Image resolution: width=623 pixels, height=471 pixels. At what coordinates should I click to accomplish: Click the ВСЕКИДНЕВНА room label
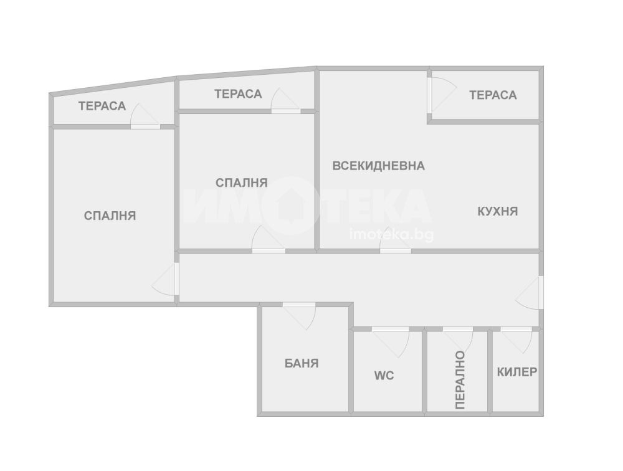[x=378, y=166]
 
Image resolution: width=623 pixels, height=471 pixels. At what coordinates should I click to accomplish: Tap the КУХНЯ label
[x=497, y=211]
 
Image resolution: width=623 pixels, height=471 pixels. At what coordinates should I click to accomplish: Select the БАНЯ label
[x=302, y=363]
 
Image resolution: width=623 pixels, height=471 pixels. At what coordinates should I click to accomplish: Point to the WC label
[x=384, y=375]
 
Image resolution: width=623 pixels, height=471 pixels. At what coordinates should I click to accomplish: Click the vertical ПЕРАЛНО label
[x=460, y=380]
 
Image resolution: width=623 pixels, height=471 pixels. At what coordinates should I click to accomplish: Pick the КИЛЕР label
[x=517, y=372]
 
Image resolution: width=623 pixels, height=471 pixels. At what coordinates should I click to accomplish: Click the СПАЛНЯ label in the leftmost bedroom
[x=110, y=216]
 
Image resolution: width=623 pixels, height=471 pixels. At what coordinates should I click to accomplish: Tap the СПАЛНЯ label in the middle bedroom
[x=242, y=183]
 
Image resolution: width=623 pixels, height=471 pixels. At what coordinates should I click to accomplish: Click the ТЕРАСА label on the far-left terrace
[x=102, y=106]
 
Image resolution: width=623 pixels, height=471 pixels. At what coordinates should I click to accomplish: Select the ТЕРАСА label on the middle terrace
[x=238, y=94]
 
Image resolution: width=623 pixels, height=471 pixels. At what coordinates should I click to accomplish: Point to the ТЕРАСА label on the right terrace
[x=493, y=95]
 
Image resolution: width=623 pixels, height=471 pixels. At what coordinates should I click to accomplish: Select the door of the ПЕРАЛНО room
[x=458, y=338]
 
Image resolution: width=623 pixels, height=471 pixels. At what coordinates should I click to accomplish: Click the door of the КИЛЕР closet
[x=516, y=340]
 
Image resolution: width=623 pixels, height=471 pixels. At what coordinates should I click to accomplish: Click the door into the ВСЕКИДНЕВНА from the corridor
[x=396, y=243]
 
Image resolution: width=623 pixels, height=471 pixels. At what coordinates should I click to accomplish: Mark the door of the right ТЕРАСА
[x=441, y=95]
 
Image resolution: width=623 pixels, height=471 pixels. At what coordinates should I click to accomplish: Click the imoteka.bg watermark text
[x=391, y=235]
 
